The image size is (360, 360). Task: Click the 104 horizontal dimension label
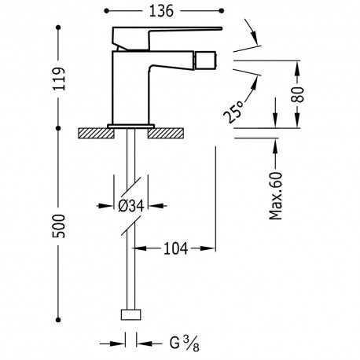coord(174,249)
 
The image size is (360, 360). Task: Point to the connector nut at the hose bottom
coord(130,316)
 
